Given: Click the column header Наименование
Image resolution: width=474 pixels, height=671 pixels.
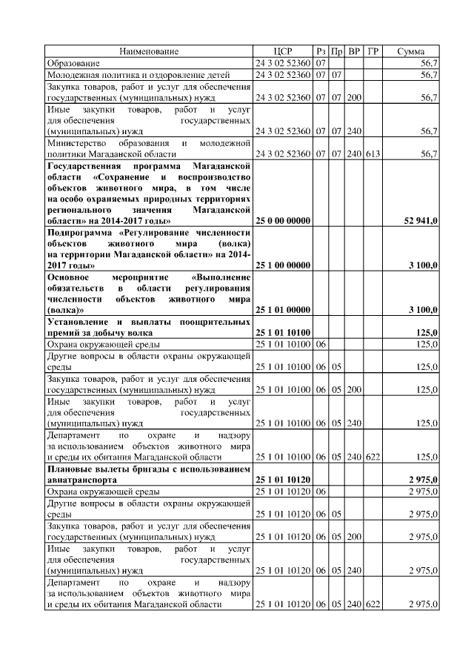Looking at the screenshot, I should point(150,51).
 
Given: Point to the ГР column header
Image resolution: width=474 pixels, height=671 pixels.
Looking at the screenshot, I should point(373,51).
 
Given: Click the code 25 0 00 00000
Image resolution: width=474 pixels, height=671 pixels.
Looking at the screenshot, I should point(283,221).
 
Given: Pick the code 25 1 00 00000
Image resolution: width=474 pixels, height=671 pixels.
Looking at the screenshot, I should point(283,265).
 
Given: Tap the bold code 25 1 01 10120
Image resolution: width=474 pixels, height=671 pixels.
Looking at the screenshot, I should point(283,480).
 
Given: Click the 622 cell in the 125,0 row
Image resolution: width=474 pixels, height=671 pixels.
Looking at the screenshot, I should point(373,457).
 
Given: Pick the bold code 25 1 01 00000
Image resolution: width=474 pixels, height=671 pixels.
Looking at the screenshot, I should point(283,309).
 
